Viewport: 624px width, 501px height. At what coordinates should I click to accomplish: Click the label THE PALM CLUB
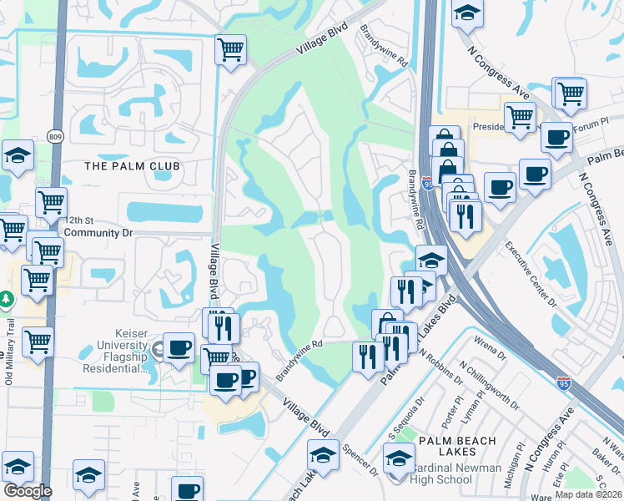132,166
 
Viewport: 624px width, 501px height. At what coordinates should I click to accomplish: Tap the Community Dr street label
93,232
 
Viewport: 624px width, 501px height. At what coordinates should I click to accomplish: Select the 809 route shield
56,136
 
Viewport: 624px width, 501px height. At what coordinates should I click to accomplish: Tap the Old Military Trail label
9,351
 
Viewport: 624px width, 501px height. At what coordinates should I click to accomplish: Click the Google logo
27,491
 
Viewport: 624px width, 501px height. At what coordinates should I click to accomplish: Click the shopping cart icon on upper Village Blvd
230,48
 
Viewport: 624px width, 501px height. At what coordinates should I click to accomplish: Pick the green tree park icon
6,299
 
